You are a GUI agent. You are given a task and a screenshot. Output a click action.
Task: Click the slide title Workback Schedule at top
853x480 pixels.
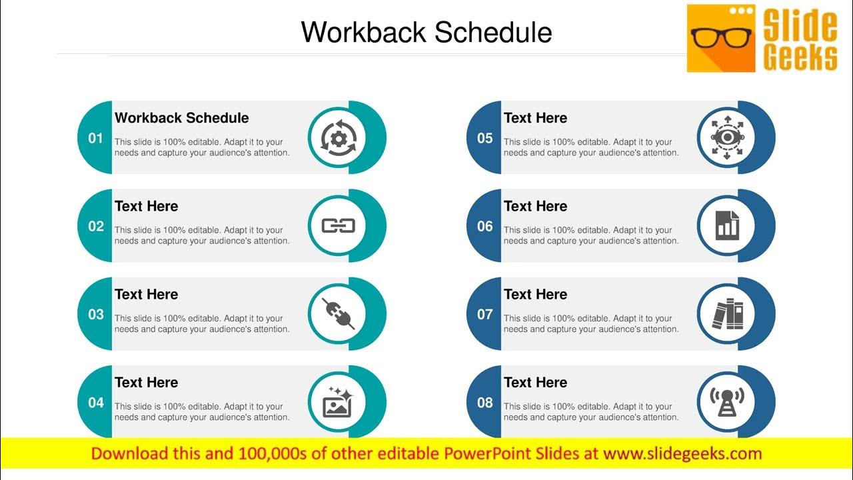click(x=426, y=32)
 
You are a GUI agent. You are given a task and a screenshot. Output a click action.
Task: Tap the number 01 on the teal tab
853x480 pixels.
click(x=96, y=138)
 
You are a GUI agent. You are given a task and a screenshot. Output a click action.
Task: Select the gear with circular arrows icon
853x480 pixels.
click(x=338, y=137)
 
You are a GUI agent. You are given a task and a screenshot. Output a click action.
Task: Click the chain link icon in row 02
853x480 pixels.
click(x=338, y=226)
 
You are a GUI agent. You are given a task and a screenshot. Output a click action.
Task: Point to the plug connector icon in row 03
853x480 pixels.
click(x=338, y=314)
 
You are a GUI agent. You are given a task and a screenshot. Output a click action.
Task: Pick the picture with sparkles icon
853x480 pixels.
click(x=337, y=402)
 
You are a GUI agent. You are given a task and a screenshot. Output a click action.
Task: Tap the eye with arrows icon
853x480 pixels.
click(x=726, y=137)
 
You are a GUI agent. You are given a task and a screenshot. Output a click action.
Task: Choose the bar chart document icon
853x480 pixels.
click(x=727, y=226)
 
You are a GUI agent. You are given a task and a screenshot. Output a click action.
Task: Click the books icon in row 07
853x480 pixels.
click(x=727, y=314)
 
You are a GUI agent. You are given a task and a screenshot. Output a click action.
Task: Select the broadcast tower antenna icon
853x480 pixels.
click(x=727, y=402)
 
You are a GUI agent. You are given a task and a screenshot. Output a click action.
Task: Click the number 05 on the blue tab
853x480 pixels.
click(x=484, y=138)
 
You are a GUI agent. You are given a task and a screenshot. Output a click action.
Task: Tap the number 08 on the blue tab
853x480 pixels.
click(x=484, y=402)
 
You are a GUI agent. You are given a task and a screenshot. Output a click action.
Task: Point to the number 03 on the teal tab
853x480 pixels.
click(x=96, y=314)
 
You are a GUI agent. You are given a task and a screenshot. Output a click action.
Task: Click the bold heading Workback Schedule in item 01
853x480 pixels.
click(x=181, y=118)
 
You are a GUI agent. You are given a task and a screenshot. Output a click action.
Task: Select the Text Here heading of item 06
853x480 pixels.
click(x=535, y=206)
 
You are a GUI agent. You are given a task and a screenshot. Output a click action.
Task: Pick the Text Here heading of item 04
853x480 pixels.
click(x=146, y=382)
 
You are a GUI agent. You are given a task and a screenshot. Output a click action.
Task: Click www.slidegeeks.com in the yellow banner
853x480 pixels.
click(x=682, y=454)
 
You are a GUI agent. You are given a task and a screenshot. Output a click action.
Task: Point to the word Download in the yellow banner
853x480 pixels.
click(x=127, y=454)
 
